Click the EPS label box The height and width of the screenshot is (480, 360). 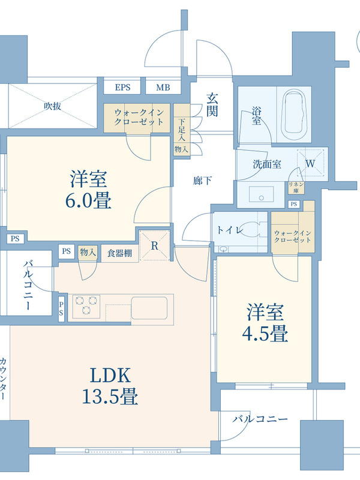(x=122, y=87)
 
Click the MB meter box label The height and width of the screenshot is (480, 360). (x=163, y=87)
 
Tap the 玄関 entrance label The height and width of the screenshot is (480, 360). (x=212, y=105)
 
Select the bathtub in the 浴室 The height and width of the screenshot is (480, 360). (x=294, y=115)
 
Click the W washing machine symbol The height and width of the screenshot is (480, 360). (x=310, y=163)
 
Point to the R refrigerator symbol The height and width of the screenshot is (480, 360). (x=155, y=245)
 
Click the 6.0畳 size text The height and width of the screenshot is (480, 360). (x=88, y=200)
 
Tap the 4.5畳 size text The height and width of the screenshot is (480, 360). (x=265, y=334)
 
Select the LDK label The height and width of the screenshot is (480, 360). (x=110, y=376)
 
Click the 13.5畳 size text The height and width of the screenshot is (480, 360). (x=110, y=396)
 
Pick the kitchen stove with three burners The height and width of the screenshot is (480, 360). (x=86, y=305)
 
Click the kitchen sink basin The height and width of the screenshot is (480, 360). (x=149, y=308)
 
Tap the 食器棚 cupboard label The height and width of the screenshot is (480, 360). (x=119, y=253)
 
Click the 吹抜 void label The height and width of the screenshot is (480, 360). (x=53, y=106)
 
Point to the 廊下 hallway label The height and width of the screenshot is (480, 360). (x=202, y=181)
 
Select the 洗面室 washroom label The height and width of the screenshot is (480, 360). (x=267, y=164)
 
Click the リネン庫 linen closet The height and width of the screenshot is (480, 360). (x=296, y=187)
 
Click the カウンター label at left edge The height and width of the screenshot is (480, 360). (x=4, y=378)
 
